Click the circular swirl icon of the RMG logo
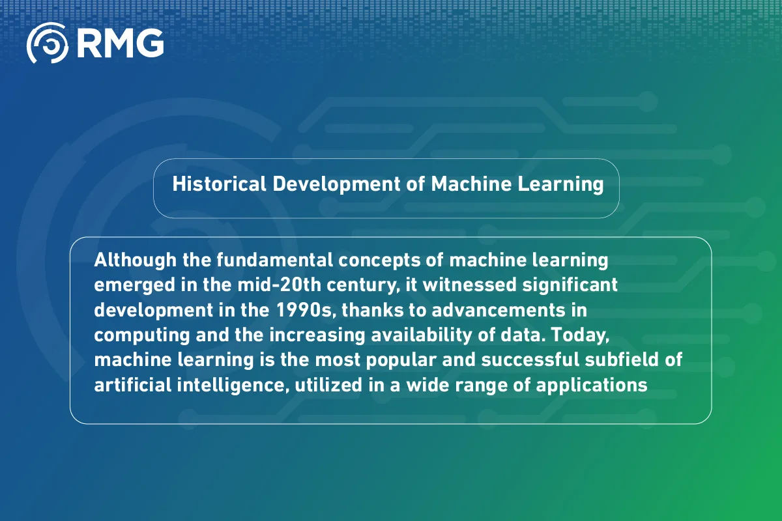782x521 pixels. [47, 43]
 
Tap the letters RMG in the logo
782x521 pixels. [120, 43]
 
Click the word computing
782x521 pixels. [130, 335]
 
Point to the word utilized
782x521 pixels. [325, 384]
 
